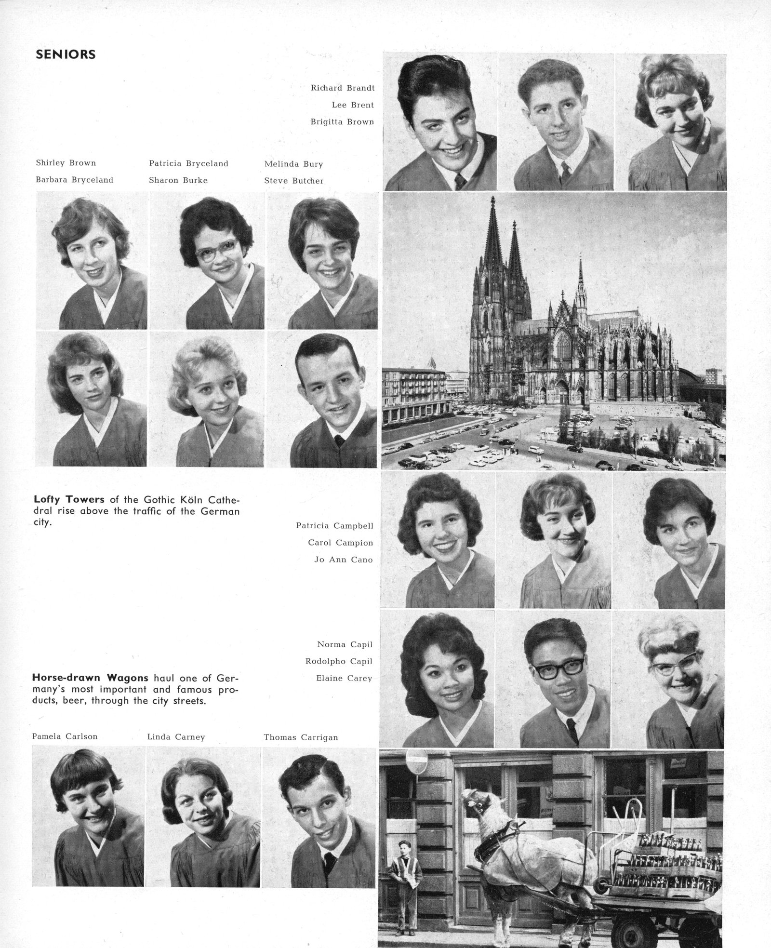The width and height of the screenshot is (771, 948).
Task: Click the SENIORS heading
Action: pyautogui.click(x=66, y=54)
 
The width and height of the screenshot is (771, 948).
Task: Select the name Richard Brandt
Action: pyautogui.click(x=342, y=88)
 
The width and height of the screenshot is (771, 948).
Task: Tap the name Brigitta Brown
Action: pyautogui.click(x=342, y=122)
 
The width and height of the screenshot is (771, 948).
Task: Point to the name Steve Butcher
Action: pyautogui.click(x=293, y=181)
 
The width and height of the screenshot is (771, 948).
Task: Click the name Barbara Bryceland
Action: pyautogui.click(x=74, y=180)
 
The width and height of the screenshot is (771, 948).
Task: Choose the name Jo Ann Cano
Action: pyautogui.click(x=343, y=560)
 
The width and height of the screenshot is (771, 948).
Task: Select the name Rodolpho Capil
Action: pyautogui.click(x=339, y=661)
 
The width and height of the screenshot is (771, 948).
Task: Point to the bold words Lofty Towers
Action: pyautogui.click(x=69, y=499)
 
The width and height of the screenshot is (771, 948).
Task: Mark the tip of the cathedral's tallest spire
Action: pyautogui.click(x=492, y=198)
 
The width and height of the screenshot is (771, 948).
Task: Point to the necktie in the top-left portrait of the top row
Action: pyautogui.click(x=460, y=181)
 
